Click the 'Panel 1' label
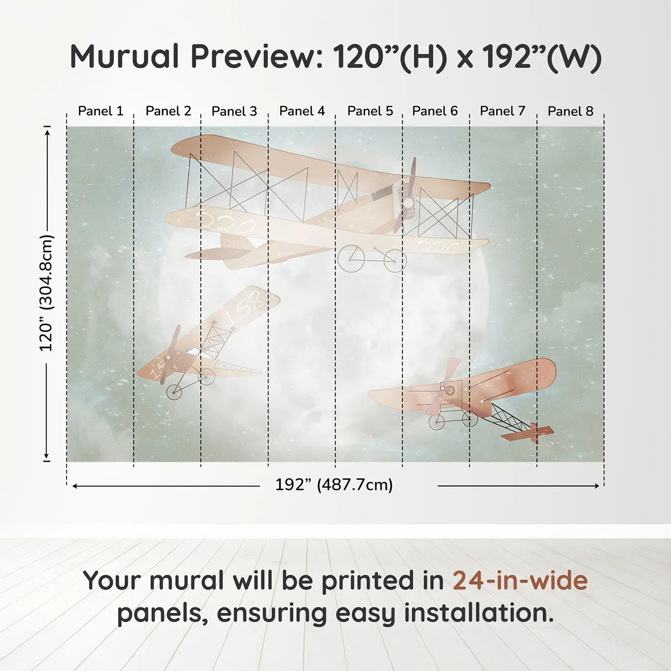click(101, 111)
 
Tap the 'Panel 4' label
click(302, 111)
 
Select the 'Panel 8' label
click(570, 111)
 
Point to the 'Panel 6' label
click(435, 111)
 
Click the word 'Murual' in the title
click(124, 57)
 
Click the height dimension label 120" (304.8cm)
click(46, 293)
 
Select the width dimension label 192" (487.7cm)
click(334, 485)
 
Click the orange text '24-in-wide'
click(520, 580)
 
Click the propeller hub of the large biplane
click(407, 203)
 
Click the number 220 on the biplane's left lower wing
click(226, 223)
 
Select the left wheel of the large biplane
click(351, 259)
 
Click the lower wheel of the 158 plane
click(174, 392)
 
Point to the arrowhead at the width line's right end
click(597, 486)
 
